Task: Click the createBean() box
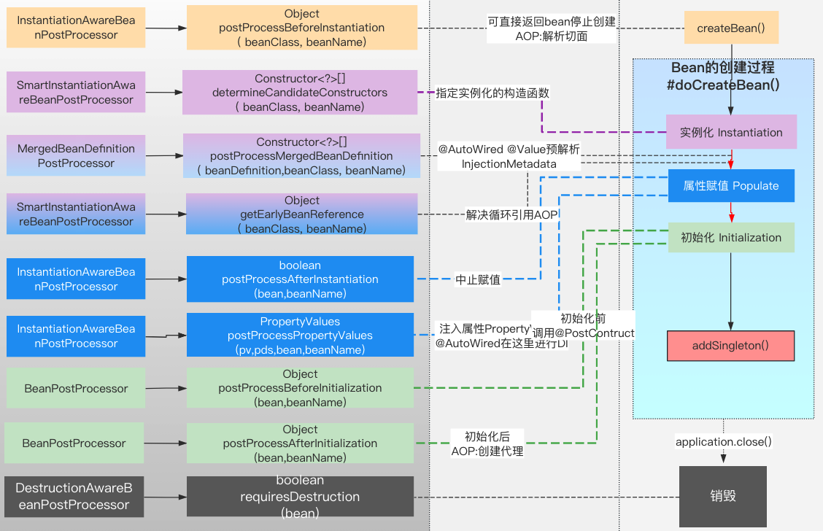point(731,28)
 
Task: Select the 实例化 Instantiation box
point(731,133)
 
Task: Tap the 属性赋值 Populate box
point(731,186)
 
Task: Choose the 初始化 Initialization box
point(731,238)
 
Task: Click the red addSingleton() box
point(730,346)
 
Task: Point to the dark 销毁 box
point(723,496)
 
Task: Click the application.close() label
point(723,442)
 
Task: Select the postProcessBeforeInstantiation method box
point(301,28)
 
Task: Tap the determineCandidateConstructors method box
point(300,93)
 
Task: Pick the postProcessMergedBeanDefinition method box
point(301,156)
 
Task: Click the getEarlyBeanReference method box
point(301,214)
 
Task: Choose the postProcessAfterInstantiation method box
point(300,279)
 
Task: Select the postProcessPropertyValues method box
point(300,336)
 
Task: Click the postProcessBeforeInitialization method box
point(300,388)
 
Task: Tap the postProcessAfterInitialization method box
point(300,443)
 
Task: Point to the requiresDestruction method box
point(300,497)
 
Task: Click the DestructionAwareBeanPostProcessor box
point(73,497)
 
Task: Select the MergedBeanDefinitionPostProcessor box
point(76,156)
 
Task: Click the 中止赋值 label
point(478,279)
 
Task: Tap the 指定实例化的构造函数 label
point(492,93)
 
